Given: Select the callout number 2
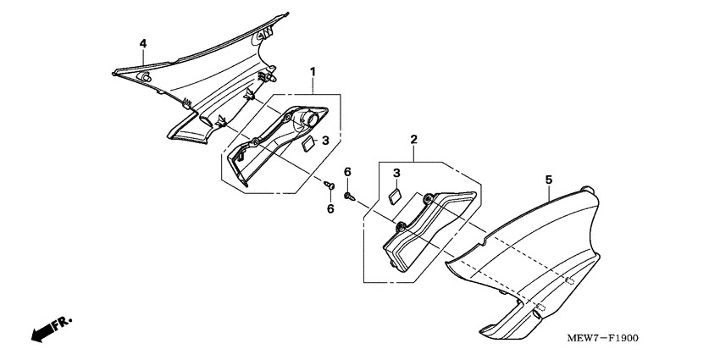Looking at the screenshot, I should [413, 139].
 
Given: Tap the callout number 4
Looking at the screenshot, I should [142, 43].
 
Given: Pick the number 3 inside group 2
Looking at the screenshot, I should [396, 174].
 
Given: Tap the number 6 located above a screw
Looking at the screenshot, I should [347, 173].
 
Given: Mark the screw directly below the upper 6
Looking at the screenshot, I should [349, 197].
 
